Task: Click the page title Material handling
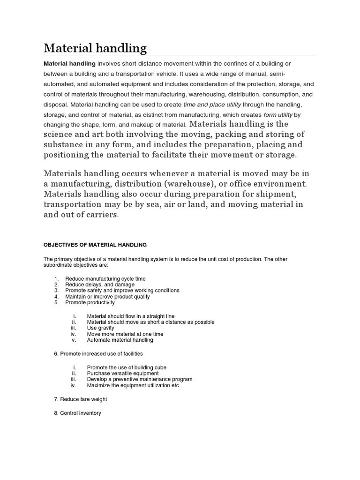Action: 95,48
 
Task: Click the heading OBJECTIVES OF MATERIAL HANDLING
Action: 95,245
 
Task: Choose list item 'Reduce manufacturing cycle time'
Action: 105,279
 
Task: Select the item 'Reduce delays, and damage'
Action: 100,285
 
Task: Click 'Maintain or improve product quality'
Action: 108,297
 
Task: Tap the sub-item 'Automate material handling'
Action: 120,340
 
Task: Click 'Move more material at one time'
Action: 125,334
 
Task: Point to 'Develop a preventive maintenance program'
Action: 140,379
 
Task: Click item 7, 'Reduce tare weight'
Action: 81,399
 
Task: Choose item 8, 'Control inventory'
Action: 78,413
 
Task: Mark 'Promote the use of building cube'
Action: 127,367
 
